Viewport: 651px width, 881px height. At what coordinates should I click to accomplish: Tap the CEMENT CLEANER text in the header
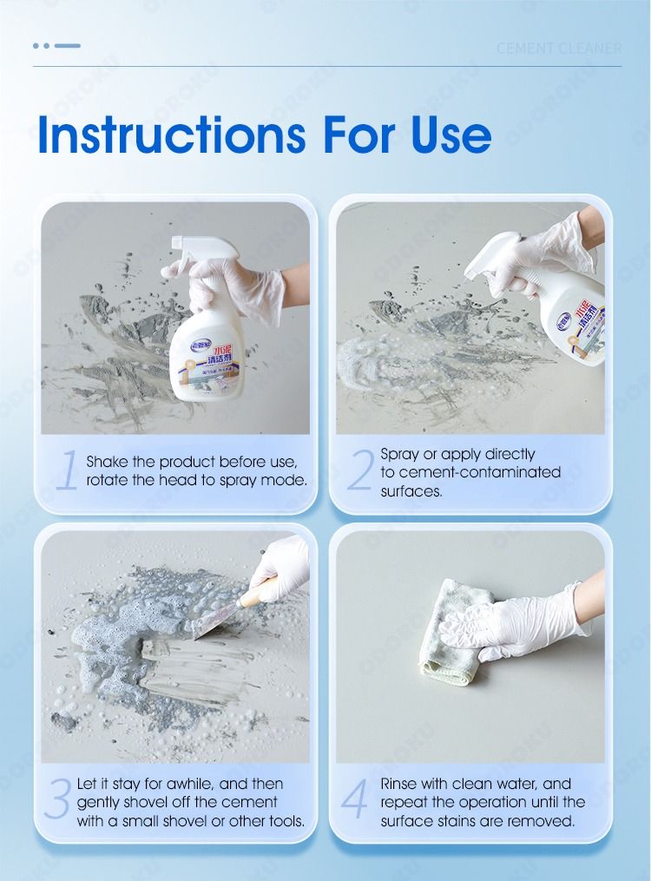coord(559,49)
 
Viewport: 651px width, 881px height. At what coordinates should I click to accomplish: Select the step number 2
coord(359,470)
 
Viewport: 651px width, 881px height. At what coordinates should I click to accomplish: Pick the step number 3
coord(57,801)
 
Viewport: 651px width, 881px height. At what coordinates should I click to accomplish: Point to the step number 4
coord(356,801)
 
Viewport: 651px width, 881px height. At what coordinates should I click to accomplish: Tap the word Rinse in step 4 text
coord(400,784)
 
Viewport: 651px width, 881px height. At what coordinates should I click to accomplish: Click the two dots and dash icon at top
coord(56,45)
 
